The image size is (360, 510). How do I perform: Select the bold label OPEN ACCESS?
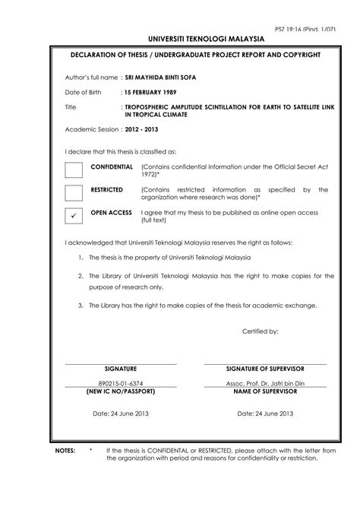coord(111,212)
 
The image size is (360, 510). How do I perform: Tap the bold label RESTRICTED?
coord(107,189)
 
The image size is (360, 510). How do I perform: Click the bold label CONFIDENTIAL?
coord(112,166)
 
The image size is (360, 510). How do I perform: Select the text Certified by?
coord(261,331)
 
